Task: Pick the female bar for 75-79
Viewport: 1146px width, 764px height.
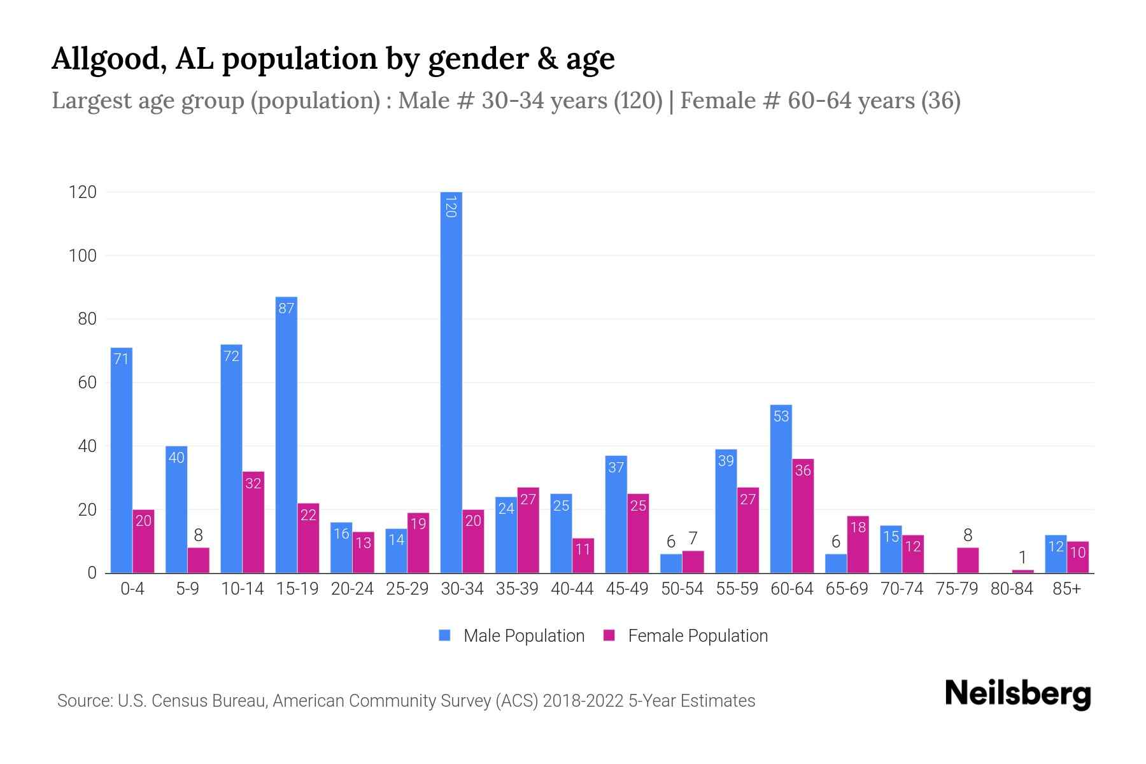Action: tap(968, 561)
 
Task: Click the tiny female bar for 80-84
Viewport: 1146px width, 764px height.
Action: tap(1022, 571)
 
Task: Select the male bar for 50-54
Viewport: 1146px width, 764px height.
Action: tap(670, 564)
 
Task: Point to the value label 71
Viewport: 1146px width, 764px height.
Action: tap(121, 359)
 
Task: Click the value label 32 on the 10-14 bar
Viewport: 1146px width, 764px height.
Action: tap(253, 483)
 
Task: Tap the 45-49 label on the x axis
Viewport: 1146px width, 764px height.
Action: tap(626, 589)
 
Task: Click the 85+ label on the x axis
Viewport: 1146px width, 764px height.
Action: tap(1066, 589)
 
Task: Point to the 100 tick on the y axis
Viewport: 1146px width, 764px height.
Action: tap(83, 256)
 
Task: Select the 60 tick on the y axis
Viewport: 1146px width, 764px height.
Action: tap(87, 383)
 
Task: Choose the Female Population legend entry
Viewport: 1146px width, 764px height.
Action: tap(686, 636)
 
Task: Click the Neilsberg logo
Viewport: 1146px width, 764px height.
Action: tap(1017, 694)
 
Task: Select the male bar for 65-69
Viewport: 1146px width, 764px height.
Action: tap(836, 564)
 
